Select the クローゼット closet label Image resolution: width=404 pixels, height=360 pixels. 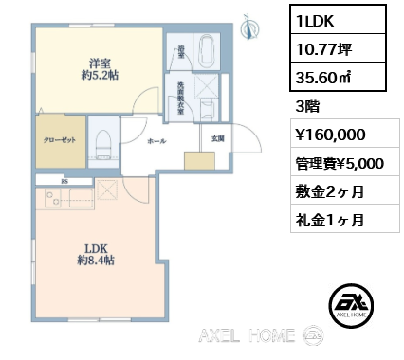60,138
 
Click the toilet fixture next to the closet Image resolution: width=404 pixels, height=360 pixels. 103,142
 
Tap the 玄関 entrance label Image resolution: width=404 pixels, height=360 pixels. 216,140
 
